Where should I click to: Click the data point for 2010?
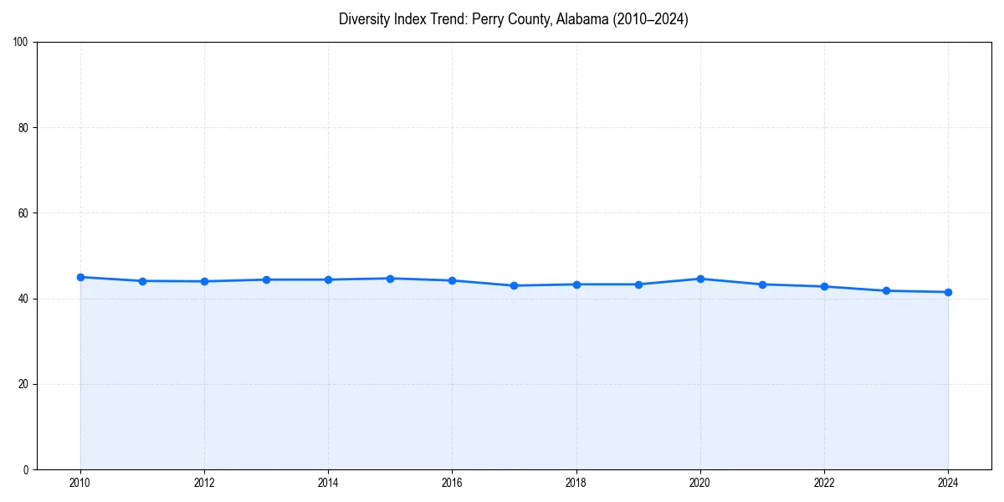(80, 277)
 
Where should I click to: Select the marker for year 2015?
(390, 279)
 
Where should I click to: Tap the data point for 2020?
(700, 279)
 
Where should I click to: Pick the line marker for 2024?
(948, 292)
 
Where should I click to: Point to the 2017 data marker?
(514, 285)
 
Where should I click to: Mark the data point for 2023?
(886, 290)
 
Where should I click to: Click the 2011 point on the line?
(142, 281)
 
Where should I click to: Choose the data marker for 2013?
(266, 279)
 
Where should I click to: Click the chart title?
(514, 19)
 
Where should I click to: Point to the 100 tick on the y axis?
(21, 43)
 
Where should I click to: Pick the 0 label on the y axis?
(26, 469)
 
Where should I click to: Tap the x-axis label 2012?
(204, 483)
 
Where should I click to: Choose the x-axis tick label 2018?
(576, 483)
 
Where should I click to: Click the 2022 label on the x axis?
(824, 483)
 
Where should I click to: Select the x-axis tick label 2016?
(452, 483)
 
